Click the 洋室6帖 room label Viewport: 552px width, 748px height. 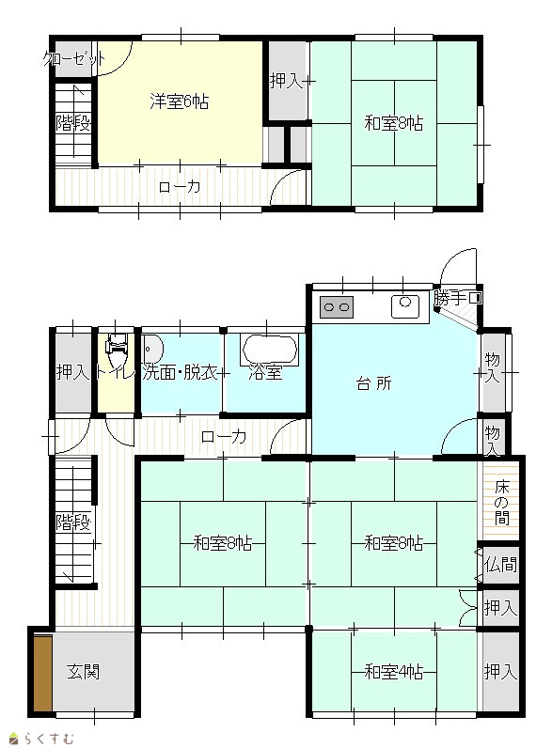179,101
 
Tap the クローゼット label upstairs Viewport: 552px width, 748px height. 74,59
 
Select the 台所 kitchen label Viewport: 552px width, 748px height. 374,383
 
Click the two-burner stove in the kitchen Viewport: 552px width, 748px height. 337,307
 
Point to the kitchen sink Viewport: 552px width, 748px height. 405,305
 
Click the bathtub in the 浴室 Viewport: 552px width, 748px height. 270,350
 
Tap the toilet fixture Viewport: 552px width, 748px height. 118,350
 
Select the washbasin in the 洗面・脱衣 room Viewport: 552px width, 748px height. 152,350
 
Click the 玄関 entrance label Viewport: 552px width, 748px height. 83,672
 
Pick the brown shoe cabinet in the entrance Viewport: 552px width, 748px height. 43,673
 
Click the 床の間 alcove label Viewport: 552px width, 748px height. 501,503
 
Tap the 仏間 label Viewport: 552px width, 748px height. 500,565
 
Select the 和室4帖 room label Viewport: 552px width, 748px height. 393,672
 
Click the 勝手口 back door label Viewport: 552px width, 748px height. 457,298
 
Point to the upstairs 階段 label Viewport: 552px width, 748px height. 73,123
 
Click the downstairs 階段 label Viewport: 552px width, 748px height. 73,522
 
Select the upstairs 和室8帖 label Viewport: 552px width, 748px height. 393,123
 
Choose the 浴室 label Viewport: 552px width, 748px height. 265,372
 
